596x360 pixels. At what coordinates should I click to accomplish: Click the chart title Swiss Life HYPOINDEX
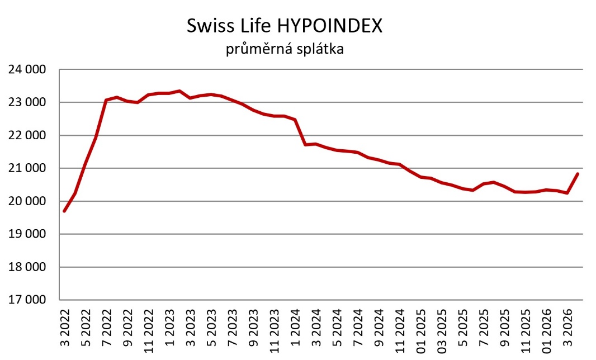285,27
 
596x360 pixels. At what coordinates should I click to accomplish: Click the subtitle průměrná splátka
285,50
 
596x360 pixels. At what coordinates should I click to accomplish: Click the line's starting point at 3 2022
65,211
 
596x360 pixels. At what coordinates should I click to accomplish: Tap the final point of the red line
578,174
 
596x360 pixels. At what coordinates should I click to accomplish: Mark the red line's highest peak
179,91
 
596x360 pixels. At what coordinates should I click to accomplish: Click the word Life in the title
251,27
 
